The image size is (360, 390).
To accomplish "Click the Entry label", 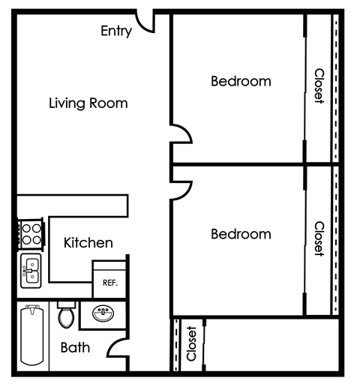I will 116,31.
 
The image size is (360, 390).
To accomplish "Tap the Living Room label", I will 88,103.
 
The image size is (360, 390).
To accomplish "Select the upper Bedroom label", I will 241,81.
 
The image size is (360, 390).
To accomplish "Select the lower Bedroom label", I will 241,234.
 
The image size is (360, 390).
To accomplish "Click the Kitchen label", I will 88,242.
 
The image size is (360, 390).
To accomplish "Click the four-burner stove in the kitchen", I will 31,235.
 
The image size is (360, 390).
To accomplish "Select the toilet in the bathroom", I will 66,315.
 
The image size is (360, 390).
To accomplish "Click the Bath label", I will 75,347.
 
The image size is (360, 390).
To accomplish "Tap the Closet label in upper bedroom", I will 319,86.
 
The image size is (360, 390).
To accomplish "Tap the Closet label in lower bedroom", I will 319,239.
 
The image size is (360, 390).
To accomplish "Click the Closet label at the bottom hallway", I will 191,343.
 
